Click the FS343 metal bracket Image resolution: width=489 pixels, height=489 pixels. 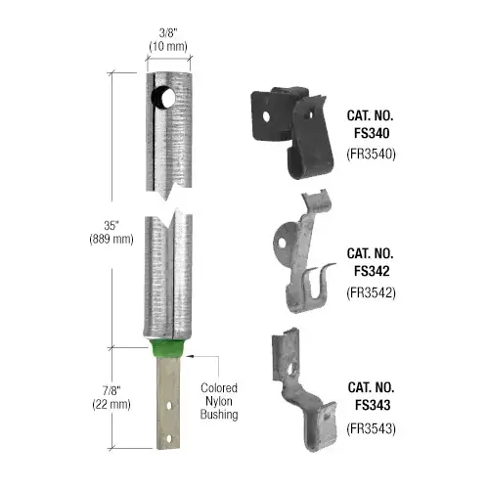[298, 382]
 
